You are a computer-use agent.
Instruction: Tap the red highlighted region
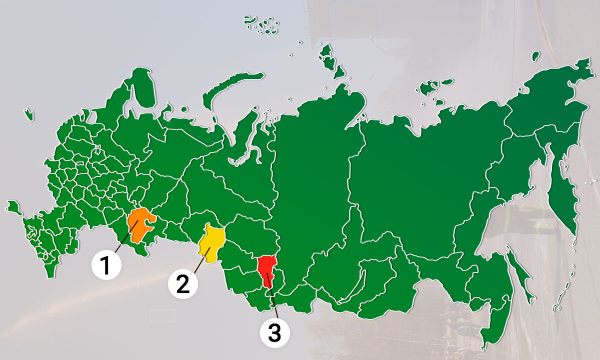point(267,269)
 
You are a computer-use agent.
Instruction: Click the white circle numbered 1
point(106,263)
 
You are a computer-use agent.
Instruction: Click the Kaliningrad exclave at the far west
point(28,114)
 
